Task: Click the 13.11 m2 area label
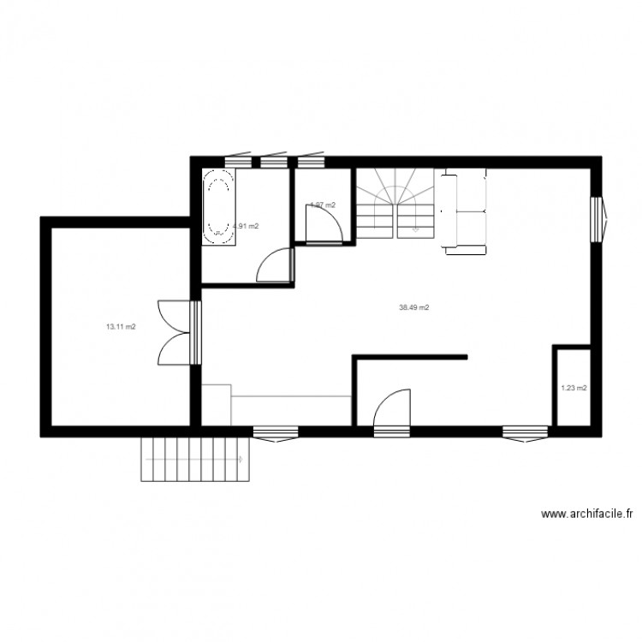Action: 121,326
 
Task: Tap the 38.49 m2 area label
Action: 414,307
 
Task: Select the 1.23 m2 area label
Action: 574,388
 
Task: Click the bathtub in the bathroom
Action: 218,206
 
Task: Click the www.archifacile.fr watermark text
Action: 586,514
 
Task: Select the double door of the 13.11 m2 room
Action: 175,333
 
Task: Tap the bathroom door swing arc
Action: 274,264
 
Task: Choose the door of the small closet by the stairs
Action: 324,225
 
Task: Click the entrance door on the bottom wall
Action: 393,408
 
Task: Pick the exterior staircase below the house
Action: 196,459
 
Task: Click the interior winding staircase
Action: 395,203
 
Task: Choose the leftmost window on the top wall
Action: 237,160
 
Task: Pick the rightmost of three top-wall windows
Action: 311,160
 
